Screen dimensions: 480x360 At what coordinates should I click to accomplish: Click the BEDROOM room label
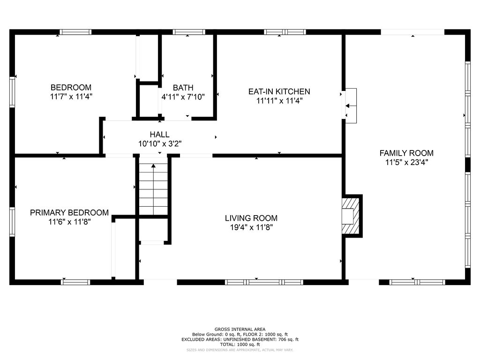(x=71, y=88)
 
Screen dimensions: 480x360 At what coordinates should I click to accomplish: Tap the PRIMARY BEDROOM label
(x=69, y=213)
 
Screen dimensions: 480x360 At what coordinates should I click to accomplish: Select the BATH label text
(x=183, y=88)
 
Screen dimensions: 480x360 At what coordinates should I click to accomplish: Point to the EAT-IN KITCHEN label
(x=279, y=91)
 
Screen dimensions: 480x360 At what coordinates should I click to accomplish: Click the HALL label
(x=159, y=135)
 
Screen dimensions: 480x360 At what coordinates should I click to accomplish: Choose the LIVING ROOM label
(x=251, y=218)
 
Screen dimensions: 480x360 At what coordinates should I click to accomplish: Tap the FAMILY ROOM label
(x=406, y=153)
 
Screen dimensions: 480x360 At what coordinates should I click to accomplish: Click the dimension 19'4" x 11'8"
(x=251, y=227)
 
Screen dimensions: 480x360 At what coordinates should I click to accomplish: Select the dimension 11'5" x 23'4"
(x=406, y=162)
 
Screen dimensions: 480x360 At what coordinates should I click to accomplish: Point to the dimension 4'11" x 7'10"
(x=183, y=97)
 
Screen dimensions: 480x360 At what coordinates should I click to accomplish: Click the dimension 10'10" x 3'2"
(x=160, y=143)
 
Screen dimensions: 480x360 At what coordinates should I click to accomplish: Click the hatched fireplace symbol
(x=351, y=216)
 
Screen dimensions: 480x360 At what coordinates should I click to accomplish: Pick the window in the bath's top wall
(x=189, y=32)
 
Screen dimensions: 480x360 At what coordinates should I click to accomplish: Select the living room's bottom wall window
(x=264, y=282)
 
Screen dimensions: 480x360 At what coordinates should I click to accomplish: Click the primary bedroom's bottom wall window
(x=75, y=282)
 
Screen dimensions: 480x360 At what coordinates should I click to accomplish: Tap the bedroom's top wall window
(x=75, y=32)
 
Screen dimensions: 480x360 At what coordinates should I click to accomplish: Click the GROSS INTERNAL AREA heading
(x=240, y=330)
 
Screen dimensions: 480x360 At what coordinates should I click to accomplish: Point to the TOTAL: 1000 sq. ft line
(x=240, y=345)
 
